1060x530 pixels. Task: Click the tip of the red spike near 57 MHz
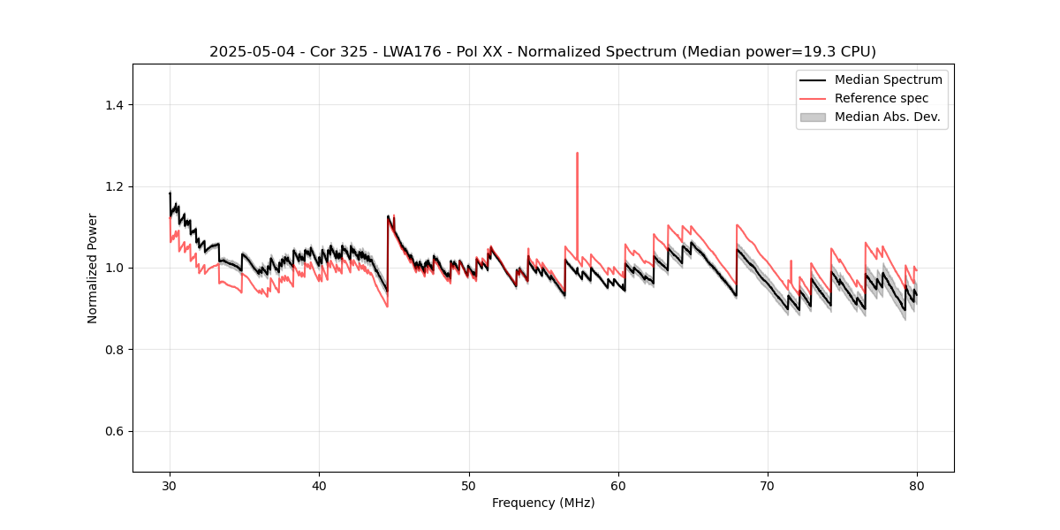click(577, 153)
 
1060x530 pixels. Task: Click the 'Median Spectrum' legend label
click(888, 79)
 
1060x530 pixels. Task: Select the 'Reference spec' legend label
click(882, 98)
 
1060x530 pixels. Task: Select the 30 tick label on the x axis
click(170, 486)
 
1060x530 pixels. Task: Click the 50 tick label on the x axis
click(469, 486)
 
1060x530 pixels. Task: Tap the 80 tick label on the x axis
click(917, 486)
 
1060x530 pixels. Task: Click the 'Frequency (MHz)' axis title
click(543, 503)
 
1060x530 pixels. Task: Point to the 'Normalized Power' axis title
click(93, 268)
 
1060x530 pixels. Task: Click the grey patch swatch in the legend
click(813, 117)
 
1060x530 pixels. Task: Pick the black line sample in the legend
click(813, 79)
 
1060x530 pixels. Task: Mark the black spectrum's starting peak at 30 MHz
click(170, 193)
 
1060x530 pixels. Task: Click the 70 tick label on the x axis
click(768, 486)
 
